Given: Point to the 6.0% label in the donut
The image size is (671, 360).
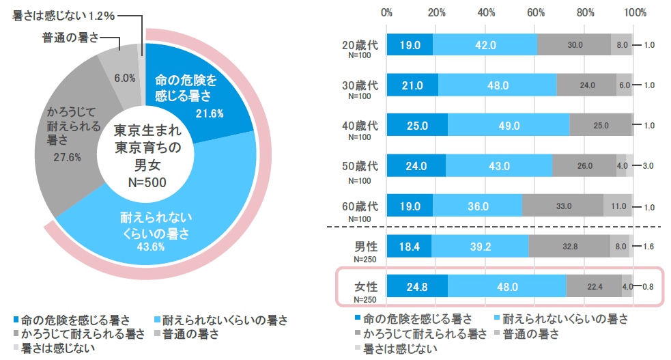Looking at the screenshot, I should (x=124, y=78).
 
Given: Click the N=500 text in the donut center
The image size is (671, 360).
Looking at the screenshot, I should (x=147, y=182).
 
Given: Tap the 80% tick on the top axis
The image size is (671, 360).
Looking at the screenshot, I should (x=585, y=12).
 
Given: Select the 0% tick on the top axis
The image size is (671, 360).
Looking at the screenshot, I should (x=387, y=12).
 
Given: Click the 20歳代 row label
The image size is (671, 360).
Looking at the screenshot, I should (x=359, y=45).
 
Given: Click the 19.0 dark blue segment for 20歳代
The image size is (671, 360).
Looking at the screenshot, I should (x=410, y=44).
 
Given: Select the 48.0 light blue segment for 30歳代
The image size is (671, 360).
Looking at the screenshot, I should (x=498, y=85).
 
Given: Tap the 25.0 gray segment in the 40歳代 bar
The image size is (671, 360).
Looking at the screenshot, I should (x=600, y=126).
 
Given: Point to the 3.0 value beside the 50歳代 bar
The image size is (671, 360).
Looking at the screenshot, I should (x=649, y=166).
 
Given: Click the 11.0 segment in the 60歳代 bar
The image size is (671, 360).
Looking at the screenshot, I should (x=618, y=206).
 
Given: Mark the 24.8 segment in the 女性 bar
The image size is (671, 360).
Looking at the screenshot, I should (x=417, y=287).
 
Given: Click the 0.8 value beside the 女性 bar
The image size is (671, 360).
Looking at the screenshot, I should (x=649, y=287).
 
